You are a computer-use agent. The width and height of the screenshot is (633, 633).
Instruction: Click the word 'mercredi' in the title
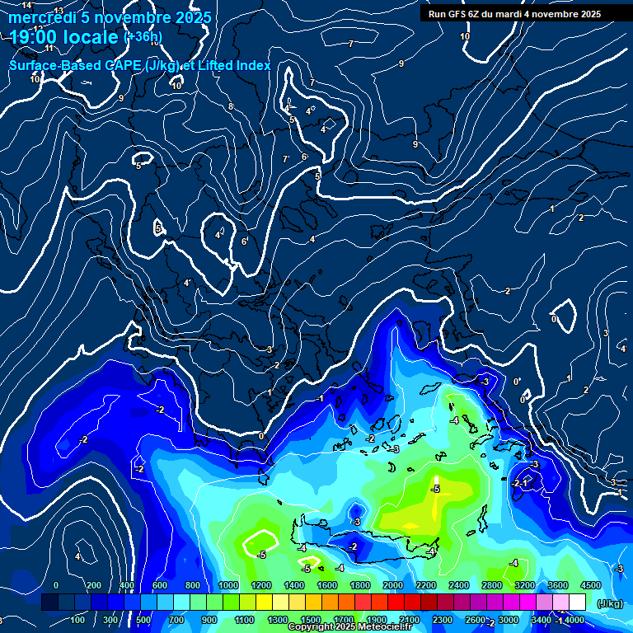click(42, 17)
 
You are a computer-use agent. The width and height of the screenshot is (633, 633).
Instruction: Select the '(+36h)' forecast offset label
click(143, 36)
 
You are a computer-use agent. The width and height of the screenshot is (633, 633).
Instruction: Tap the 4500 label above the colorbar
click(590, 585)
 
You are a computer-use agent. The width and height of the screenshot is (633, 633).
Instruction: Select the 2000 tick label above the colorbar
click(392, 585)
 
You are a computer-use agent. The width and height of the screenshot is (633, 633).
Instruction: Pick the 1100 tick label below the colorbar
click(244, 620)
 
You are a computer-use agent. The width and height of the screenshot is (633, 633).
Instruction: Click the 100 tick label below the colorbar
click(78, 620)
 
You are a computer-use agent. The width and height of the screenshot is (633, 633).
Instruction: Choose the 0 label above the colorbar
click(56, 585)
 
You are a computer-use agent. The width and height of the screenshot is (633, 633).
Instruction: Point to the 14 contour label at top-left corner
click(26, 6)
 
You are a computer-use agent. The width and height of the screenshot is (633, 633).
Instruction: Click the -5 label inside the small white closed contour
click(262, 555)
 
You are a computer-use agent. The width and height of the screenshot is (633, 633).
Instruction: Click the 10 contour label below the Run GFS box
click(465, 36)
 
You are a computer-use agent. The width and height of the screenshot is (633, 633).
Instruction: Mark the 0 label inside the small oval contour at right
click(554, 319)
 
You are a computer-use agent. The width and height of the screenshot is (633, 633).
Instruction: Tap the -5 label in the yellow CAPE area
click(436, 489)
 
